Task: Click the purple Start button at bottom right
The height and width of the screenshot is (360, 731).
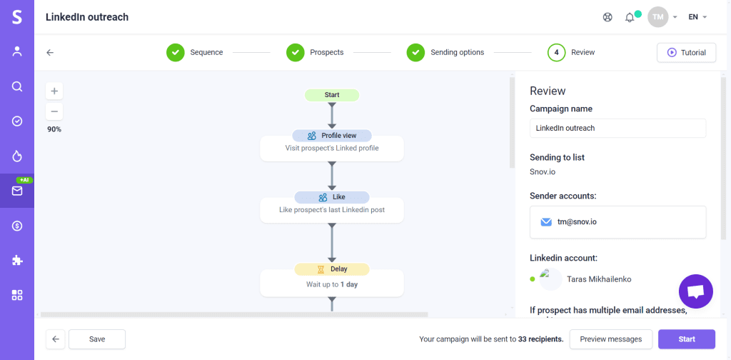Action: pyautogui.click(x=686, y=339)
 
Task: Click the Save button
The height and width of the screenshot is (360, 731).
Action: pyautogui.click(x=97, y=339)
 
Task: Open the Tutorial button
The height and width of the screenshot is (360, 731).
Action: pyautogui.click(x=686, y=52)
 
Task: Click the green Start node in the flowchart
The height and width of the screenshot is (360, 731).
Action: pyautogui.click(x=332, y=95)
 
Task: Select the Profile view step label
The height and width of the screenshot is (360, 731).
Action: pyautogui.click(x=332, y=136)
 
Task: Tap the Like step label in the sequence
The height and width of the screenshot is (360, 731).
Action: pyautogui.click(x=332, y=197)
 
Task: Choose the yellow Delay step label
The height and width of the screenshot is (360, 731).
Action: pyautogui.click(x=332, y=269)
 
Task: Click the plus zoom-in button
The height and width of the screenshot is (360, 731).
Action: pyautogui.click(x=54, y=91)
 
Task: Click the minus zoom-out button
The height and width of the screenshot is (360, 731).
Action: pyautogui.click(x=54, y=111)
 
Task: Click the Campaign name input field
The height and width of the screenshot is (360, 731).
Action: pyautogui.click(x=617, y=128)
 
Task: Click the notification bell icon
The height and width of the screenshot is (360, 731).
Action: pyautogui.click(x=630, y=17)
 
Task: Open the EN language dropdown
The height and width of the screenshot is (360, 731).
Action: pyautogui.click(x=697, y=17)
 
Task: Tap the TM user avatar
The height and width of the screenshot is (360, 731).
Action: pyautogui.click(x=657, y=17)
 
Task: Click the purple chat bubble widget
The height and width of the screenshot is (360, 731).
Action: pyautogui.click(x=696, y=291)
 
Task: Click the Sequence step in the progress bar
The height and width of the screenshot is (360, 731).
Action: pyautogui.click(x=206, y=52)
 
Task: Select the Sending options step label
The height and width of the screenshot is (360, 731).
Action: pyautogui.click(x=457, y=52)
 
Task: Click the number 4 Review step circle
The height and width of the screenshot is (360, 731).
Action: pyautogui.click(x=557, y=52)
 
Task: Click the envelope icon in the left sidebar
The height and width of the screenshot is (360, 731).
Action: pyautogui.click(x=17, y=191)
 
